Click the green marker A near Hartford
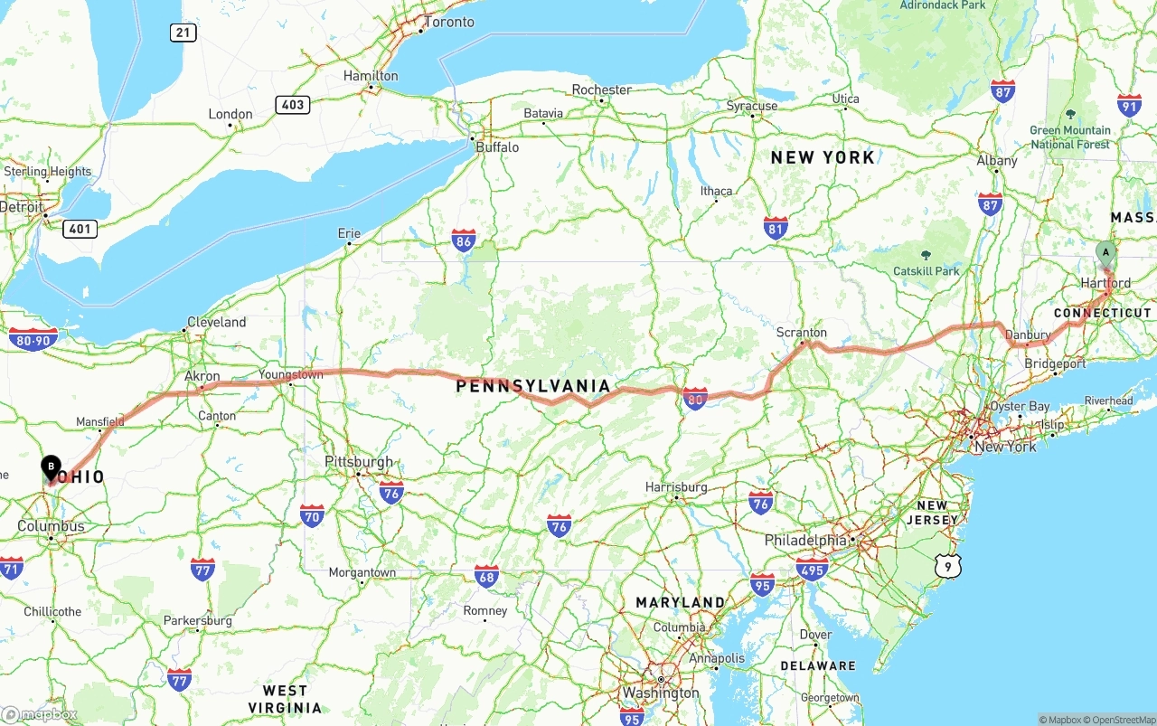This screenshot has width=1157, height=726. pos(1105,253)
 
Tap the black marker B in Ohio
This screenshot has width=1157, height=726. pos(52,467)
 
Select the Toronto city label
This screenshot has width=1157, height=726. pos(448,22)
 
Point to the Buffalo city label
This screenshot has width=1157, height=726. pos(497,146)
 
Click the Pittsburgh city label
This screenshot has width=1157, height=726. pos(359,461)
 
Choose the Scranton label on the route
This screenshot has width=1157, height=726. pos(801,333)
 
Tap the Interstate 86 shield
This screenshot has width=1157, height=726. pos(464,240)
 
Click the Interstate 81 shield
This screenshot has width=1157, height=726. pos(776,227)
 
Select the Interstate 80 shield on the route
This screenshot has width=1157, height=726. pos(695,398)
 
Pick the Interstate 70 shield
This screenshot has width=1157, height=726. pos(312,515)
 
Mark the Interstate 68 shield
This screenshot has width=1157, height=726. pos(486,576)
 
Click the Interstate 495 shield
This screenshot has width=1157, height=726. pos(813,569)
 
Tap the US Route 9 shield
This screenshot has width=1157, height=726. pos(947,567)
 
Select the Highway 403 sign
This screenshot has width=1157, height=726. pos(293,105)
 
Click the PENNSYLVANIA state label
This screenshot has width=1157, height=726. pos(533,386)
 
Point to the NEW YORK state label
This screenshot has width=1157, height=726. pos(823,157)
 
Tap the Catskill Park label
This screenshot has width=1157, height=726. pos(926,270)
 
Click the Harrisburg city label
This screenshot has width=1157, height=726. pos(676,486)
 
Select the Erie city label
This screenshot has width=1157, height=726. pos(349,233)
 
